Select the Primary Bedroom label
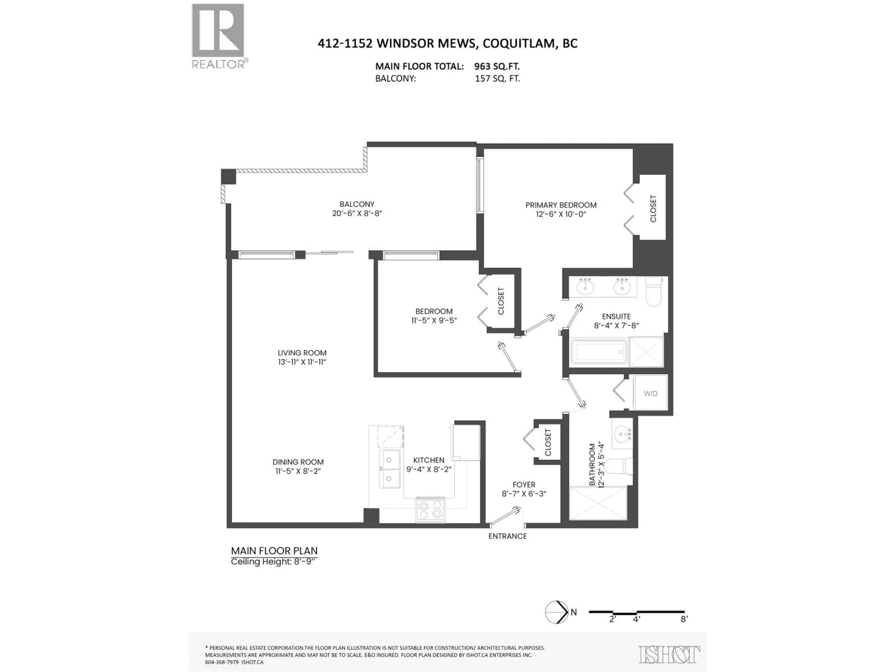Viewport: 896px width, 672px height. [x=561, y=205]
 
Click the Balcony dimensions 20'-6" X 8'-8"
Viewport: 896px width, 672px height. [x=357, y=213]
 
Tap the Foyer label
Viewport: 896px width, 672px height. [x=524, y=484]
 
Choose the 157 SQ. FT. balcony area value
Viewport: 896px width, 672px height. [x=497, y=79]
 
